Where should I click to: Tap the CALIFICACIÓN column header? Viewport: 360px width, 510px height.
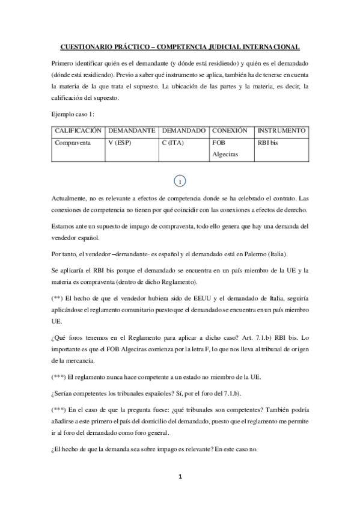pyautogui.click(x=78, y=131)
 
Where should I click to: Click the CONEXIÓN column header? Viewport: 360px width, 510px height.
pyautogui.click(x=230, y=131)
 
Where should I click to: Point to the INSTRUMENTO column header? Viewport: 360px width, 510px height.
pyautogui.click(x=281, y=131)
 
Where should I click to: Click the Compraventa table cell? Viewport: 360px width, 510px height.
pyautogui.click(x=73, y=143)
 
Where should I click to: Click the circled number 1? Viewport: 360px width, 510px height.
pyautogui.click(x=180, y=180)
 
